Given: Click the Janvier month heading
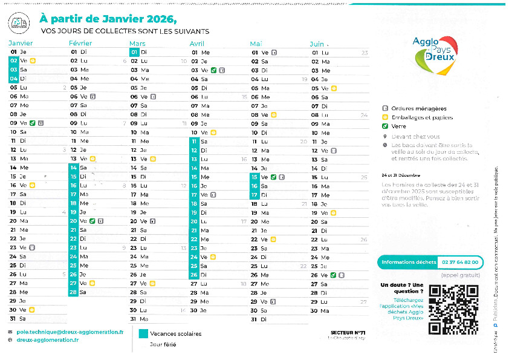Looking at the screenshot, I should click(21, 44).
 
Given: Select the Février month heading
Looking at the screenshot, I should click(80, 44).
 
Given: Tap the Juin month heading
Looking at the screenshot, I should click(317, 44).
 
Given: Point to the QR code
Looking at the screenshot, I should click(453, 309).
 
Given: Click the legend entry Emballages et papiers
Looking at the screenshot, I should click(421, 117).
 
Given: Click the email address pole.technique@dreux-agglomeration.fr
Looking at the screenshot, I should click(70, 332).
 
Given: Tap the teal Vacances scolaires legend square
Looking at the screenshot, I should click(143, 333).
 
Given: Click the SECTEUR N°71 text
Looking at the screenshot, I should click(348, 332).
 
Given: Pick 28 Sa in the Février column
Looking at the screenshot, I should click(79, 292).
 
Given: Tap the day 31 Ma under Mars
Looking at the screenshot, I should click(139, 318).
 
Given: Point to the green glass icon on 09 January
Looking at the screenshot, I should click(32, 123).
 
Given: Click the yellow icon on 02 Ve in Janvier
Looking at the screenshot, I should click(33, 61).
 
